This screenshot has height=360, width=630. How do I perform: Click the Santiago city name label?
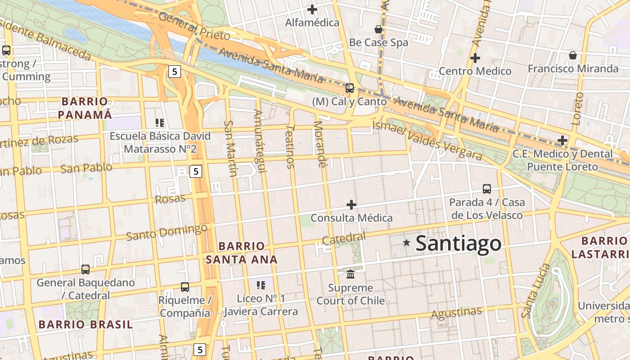(x=458, y=243)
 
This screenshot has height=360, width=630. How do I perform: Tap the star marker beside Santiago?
(x=407, y=243)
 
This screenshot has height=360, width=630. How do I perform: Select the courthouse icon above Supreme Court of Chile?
(x=351, y=274)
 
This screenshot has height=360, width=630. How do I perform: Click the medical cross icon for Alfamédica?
(x=312, y=9)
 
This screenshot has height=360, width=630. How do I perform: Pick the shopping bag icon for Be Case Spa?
(x=378, y=29)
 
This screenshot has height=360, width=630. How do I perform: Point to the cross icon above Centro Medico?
(x=475, y=58)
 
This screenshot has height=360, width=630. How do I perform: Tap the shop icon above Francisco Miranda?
(x=573, y=55)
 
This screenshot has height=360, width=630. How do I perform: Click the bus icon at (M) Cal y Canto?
(x=350, y=88)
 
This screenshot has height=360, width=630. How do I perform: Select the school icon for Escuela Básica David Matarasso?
(x=160, y=122)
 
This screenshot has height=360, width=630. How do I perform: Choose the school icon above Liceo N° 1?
(x=261, y=285)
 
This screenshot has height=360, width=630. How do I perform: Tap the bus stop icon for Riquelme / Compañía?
(x=184, y=287)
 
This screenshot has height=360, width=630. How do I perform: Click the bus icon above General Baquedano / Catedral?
(x=85, y=269)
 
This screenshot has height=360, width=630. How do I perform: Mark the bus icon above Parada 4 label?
(x=487, y=189)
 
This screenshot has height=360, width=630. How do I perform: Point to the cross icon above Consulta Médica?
(x=351, y=205)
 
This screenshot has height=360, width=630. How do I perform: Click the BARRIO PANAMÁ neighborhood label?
(x=85, y=108)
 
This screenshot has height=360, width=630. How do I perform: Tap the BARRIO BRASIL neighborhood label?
(x=85, y=324)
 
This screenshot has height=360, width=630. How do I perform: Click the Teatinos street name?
(x=290, y=147)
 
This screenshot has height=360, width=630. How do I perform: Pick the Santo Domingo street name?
(x=166, y=232)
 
